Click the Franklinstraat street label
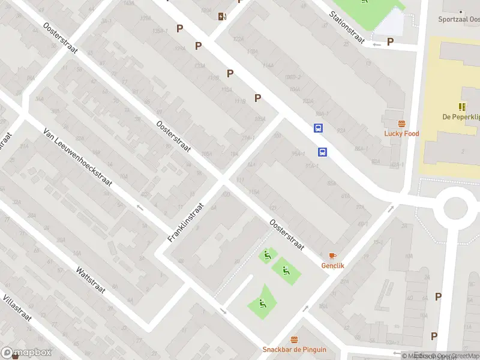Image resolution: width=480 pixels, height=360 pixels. click(187, 222)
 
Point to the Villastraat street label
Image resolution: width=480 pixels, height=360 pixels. click(17, 308)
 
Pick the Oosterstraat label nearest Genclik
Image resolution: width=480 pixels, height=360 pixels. click(287, 235)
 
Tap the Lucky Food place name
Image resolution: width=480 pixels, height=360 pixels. click(401, 133)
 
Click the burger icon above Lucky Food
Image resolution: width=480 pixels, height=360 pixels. click(401, 124)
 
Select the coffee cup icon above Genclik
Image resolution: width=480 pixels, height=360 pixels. click(332, 256)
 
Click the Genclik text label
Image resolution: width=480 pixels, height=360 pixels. click(332, 265)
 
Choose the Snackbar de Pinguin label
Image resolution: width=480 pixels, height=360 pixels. click(294, 349)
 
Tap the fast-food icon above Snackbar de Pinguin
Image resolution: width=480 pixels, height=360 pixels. click(294, 340)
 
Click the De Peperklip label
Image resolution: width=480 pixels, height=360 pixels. click(460, 117)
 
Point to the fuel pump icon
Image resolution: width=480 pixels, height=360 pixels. click(223, 16)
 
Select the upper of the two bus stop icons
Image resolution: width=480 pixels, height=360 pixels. click(317, 128)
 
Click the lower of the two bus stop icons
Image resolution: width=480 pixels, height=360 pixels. click(322, 152)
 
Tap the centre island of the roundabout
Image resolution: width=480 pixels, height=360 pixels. click(460, 208)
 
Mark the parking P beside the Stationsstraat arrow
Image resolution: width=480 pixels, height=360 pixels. click(390, 41)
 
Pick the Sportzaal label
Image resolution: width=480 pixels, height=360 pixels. click(461, 19)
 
